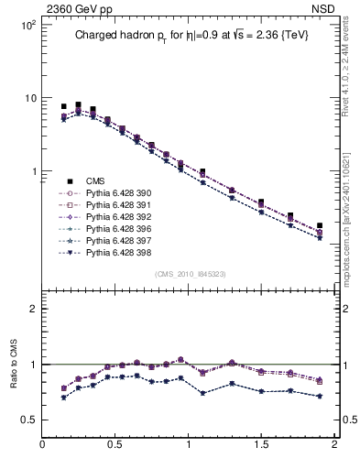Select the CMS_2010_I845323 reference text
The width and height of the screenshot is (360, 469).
click(188, 274)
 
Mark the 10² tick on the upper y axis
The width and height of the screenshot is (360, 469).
click(27, 25)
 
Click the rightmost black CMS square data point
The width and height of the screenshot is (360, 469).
click(320, 226)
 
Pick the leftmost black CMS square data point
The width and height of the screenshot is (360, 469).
click(64, 106)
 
